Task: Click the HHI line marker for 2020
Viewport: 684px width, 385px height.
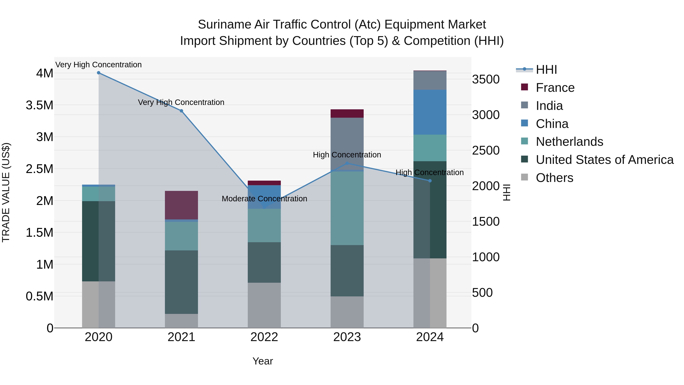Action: click(x=98, y=73)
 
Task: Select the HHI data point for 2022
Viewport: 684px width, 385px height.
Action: click(x=264, y=207)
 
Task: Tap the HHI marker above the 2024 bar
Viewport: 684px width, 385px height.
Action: click(x=430, y=181)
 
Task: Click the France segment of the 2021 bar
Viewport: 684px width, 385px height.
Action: click(x=181, y=205)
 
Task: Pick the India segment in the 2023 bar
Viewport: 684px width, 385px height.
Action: click(x=347, y=138)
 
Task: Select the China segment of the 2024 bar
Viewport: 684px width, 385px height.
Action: click(x=430, y=112)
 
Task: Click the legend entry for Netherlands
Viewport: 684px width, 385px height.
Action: click(x=569, y=142)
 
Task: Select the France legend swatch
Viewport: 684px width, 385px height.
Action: click(x=524, y=87)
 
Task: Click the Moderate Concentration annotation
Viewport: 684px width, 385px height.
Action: click(x=264, y=199)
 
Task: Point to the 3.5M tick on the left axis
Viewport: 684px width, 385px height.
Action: click(x=39, y=105)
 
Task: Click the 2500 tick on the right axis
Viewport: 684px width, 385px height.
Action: click(x=486, y=150)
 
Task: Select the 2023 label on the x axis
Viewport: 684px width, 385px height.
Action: click(x=347, y=337)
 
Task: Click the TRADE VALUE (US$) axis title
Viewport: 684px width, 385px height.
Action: click(x=6, y=192)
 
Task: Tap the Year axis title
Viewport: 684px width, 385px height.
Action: click(x=263, y=361)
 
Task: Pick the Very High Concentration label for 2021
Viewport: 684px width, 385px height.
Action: click(x=181, y=102)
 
